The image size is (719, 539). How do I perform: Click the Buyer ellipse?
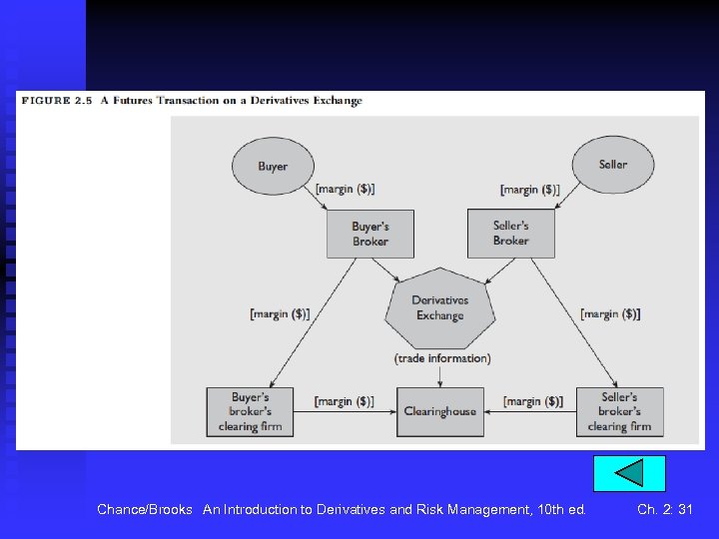pos(273,166)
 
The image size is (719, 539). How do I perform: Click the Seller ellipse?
pos(612,165)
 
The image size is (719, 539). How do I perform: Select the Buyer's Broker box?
pos(369,234)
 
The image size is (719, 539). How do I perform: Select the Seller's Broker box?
pos(510,234)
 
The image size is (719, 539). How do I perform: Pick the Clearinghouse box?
pos(440,411)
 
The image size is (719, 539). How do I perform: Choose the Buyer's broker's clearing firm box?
pos(250,411)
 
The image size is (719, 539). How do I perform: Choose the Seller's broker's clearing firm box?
pos(619,411)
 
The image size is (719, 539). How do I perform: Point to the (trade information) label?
pos(442,358)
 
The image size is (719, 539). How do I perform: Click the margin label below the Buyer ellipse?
pos(345,189)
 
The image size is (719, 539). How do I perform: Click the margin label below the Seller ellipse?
pos(529,189)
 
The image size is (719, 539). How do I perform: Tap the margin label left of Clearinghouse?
pos(344,401)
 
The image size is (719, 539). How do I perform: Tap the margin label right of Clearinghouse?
pos(533,401)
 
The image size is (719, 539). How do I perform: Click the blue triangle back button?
pos(628,473)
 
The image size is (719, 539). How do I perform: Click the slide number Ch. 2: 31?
pos(664,509)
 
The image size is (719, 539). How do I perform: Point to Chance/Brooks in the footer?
pos(145,509)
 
